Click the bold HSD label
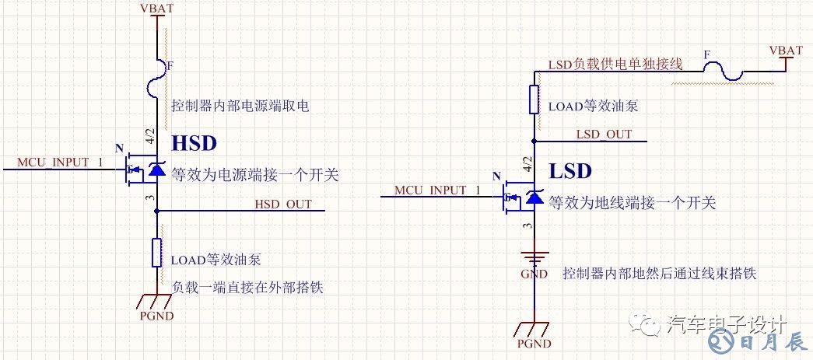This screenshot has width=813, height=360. pyautogui.click(x=194, y=143)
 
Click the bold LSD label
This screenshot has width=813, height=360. pyautogui.click(x=570, y=171)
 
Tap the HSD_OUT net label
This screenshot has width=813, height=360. pyautogui.click(x=283, y=204)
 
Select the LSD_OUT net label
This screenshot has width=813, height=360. pyautogui.click(x=604, y=134)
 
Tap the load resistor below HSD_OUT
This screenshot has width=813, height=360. pyautogui.click(x=158, y=253)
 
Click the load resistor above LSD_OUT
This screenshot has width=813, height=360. pyautogui.click(x=534, y=99)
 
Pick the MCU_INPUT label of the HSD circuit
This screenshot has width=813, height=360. pyautogui.click(x=54, y=163)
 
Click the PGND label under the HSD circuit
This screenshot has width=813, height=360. pyautogui.click(x=157, y=316)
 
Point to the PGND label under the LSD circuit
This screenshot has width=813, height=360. pyautogui.click(x=534, y=344)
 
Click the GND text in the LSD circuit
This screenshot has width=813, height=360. pyautogui.click(x=534, y=274)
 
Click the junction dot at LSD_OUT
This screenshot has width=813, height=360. pyautogui.click(x=534, y=141)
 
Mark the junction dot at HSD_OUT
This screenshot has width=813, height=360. pyautogui.click(x=158, y=211)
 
